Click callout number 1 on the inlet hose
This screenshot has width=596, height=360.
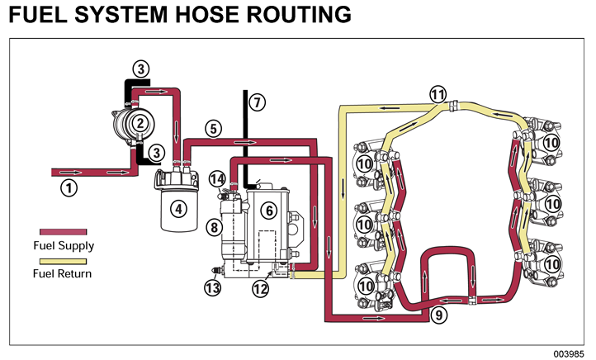click(x=70, y=187)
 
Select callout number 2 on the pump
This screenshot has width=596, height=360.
click(x=142, y=123)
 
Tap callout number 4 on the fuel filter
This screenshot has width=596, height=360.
click(x=177, y=208)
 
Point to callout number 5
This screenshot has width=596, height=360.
click(x=213, y=129)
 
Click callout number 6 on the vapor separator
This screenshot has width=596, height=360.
click(x=268, y=211)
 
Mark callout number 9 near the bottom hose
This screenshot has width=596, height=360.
click(x=439, y=314)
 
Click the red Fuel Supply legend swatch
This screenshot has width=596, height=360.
click(x=63, y=232)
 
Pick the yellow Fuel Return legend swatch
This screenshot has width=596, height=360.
click(x=63, y=260)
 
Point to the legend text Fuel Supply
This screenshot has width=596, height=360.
click(x=64, y=245)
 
